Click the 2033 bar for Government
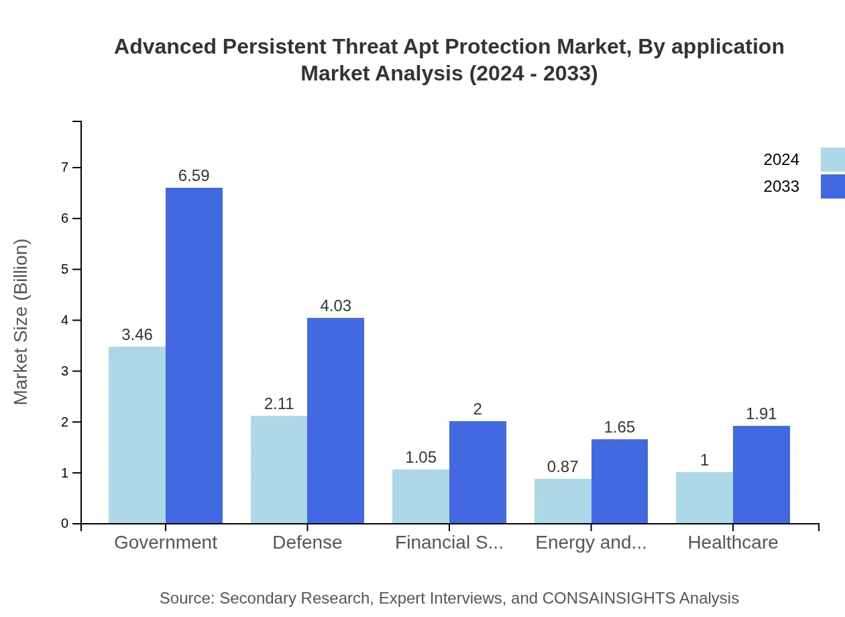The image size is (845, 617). coord(194,355)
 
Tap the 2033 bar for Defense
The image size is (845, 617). coord(335,420)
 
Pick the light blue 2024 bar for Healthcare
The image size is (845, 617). coord(704,498)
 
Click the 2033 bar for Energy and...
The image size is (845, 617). coord(619,481)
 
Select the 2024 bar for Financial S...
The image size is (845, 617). coord(420,496)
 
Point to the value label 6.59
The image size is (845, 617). coord(194,176)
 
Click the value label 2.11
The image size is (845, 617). coord(279,404)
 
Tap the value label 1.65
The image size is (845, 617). coord(619,427)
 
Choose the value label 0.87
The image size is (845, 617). coord(563,467)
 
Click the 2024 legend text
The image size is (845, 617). coord(781,160)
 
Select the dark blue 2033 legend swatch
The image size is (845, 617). coord(833,186)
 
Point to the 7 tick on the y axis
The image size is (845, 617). coord(65,167)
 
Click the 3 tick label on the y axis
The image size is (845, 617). coord(65,371)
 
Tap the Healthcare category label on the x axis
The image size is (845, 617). coord(733,542)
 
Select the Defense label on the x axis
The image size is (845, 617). coord(307,542)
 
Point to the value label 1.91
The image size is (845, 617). coord(761,414)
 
